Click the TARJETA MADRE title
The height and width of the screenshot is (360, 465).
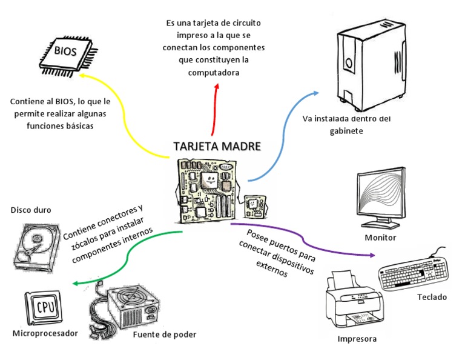tap(217, 147)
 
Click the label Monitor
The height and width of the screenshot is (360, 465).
tap(380, 238)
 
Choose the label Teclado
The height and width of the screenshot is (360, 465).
tap(432, 297)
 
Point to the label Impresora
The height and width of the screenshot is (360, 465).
tap(357, 339)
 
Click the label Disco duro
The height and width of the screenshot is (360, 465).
tap(31, 210)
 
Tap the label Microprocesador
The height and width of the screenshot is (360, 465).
tap(45, 333)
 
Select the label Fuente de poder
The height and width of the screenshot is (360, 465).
tap(164, 334)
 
